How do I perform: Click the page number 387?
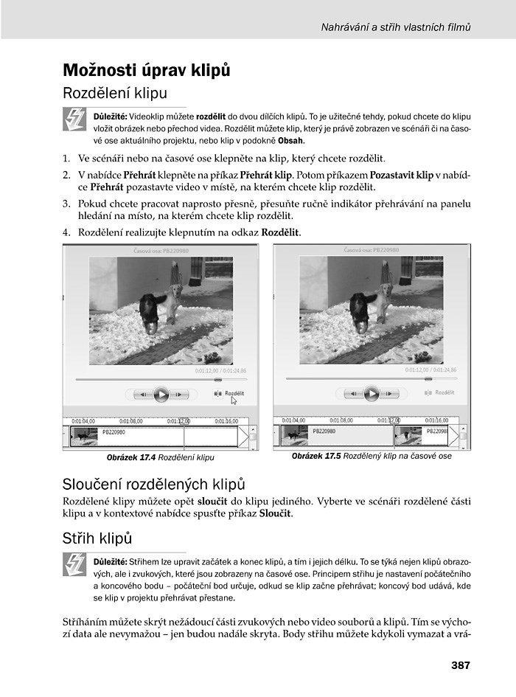click(460, 665)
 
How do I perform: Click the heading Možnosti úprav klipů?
click(147, 71)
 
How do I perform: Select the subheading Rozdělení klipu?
click(115, 94)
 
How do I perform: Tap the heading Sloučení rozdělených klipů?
click(154, 484)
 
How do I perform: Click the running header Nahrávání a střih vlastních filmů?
click(396, 28)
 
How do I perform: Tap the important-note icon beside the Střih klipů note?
click(75, 565)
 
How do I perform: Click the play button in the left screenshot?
click(161, 394)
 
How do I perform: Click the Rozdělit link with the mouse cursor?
click(234, 394)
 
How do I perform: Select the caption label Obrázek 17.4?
click(130, 457)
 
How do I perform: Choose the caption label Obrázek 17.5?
click(316, 456)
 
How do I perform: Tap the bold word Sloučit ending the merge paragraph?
click(276, 513)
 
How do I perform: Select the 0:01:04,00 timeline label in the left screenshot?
click(83, 421)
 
